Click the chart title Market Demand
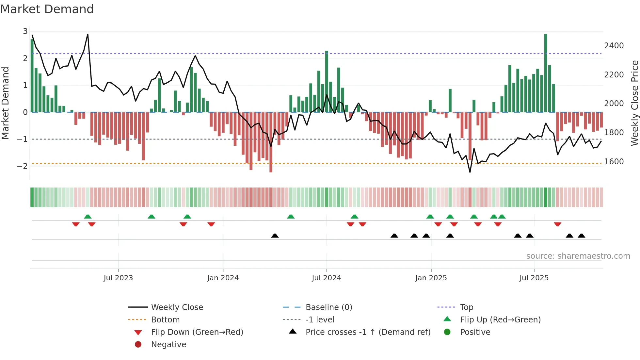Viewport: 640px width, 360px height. [x=47, y=9]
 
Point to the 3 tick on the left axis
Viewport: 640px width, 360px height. [x=25, y=31]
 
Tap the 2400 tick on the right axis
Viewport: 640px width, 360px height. [x=614, y=46]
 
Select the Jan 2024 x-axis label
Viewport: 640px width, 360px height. [x=223, y=278]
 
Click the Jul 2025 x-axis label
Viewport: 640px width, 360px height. [x=534, y=278]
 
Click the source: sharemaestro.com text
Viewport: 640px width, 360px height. [x=578, y=256]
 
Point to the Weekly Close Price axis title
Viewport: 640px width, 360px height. [x=634, y=103]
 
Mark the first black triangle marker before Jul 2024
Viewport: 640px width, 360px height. [x=275, y=236]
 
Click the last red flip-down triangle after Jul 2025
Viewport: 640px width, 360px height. [x=557, y=224]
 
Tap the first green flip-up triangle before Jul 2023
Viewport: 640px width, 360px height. [x=88, y=217]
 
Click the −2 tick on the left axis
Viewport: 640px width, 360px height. [x=23, y=166]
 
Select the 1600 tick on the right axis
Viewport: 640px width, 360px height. [x=614, y=162]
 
